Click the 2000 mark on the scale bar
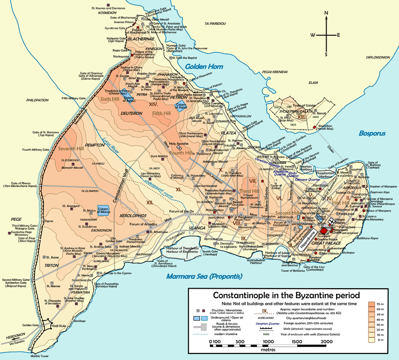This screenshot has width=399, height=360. [327, 343]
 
